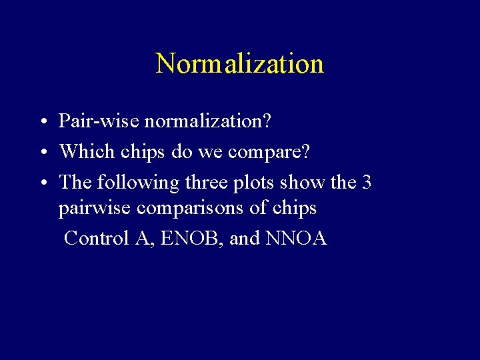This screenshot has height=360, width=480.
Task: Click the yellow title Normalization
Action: click(239, 64)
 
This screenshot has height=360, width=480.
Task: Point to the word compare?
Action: click(269, 152)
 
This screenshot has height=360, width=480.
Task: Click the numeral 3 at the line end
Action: click(366, 182)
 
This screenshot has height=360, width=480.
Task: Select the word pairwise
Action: click(95, 209)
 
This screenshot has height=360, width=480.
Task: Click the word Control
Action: click(97, 238)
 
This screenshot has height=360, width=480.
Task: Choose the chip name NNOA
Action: click(296, 238)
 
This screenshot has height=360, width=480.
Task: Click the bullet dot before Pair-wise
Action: click(42, 123)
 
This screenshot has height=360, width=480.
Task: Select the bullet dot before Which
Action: click(42, 153)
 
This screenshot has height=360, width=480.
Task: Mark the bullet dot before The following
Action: click(42, 183)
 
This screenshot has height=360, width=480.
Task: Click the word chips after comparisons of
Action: click(295, 209)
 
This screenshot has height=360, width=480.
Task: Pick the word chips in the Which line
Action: click(143, 152)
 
